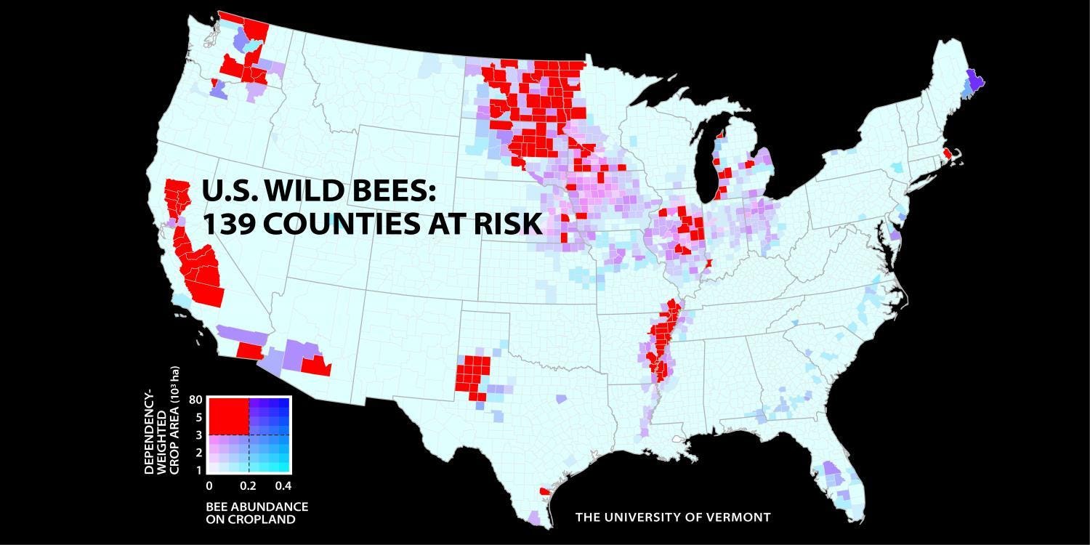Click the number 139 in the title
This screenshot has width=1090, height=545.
pos(229,224)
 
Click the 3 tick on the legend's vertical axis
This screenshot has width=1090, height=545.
pos(198,435)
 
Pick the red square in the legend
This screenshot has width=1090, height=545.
pos(228,416)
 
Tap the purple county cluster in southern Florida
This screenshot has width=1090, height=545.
pos(833,475)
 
